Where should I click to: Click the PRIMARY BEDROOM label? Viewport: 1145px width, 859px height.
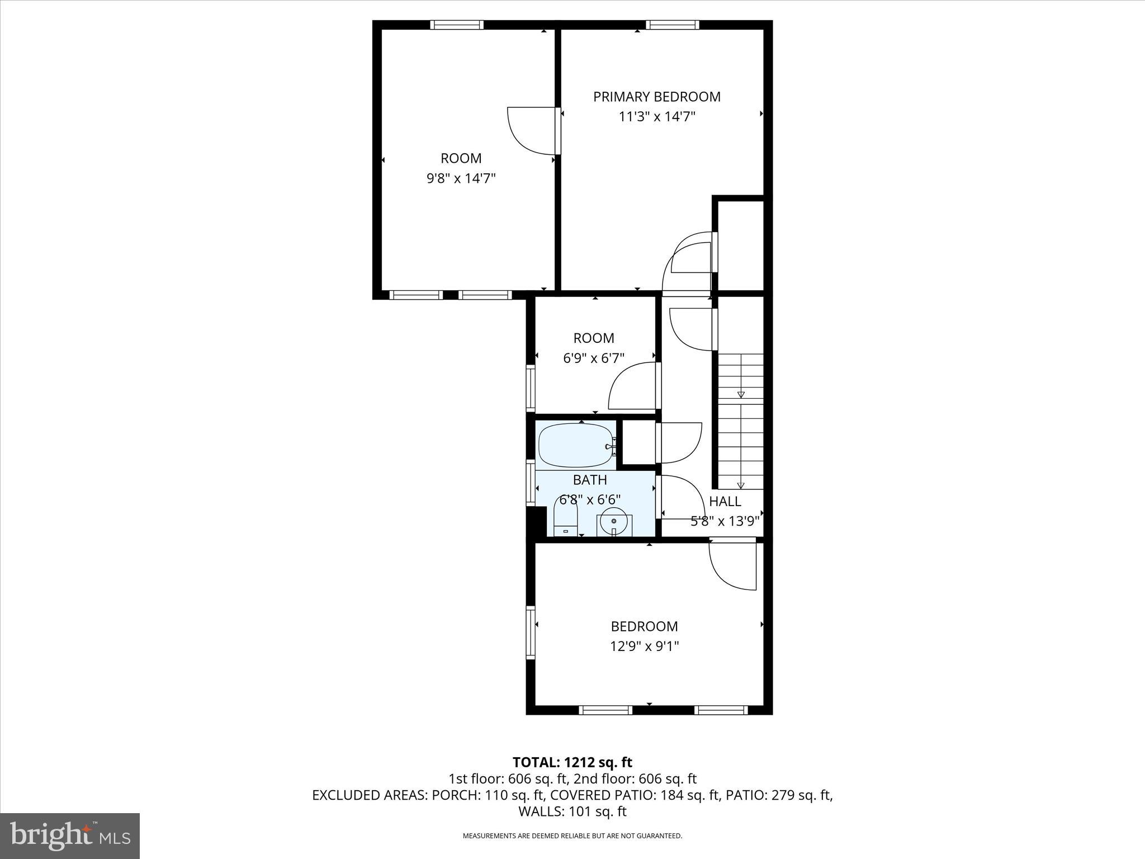[656, 97]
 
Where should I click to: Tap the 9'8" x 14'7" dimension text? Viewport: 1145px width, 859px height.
[461, 178]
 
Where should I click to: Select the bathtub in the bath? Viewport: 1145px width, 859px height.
[575, 446]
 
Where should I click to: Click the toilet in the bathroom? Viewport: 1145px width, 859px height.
[565, 517]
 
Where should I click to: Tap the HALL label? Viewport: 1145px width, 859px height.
[725, 502]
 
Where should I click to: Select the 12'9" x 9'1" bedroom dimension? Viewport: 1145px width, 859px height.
[644, 646]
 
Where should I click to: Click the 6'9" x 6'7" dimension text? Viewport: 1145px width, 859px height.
[593, 358]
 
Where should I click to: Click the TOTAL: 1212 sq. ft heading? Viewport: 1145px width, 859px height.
[572, 762]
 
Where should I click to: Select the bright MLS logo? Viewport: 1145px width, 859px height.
[70, 836]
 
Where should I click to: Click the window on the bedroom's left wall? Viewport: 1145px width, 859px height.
[530, 632]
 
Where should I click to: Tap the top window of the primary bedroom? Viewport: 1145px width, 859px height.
[672, 25]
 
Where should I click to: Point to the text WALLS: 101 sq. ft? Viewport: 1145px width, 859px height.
[572, 811]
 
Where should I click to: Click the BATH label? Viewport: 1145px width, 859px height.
[590, 480]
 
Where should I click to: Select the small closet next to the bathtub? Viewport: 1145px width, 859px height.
[638, 442]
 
